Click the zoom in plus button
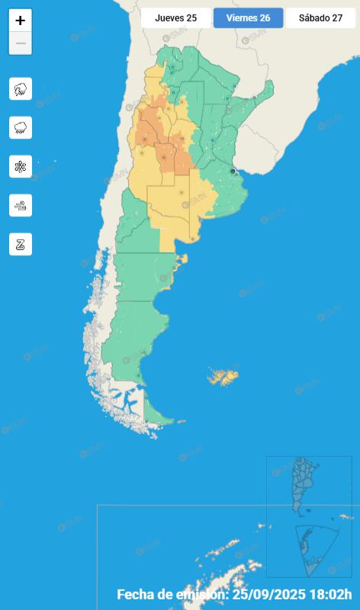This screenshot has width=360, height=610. [21, 21]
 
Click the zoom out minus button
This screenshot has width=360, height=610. [21, 43]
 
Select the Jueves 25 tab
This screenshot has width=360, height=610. [175, 18]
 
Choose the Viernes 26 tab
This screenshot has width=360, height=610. [248, 18]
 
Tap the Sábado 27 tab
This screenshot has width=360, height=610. [320, 18]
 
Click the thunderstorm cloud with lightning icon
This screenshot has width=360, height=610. [21, 88]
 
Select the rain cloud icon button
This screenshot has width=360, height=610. [21, 127]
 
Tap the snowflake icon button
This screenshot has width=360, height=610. [21, 166]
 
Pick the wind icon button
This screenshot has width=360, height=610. [21, 205]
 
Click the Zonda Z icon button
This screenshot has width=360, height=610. [21, 244]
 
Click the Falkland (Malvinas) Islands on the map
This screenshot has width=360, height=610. [223, 377]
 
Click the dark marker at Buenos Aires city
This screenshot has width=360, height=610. [233, 171]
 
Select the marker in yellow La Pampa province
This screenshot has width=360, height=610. [181, 192]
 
